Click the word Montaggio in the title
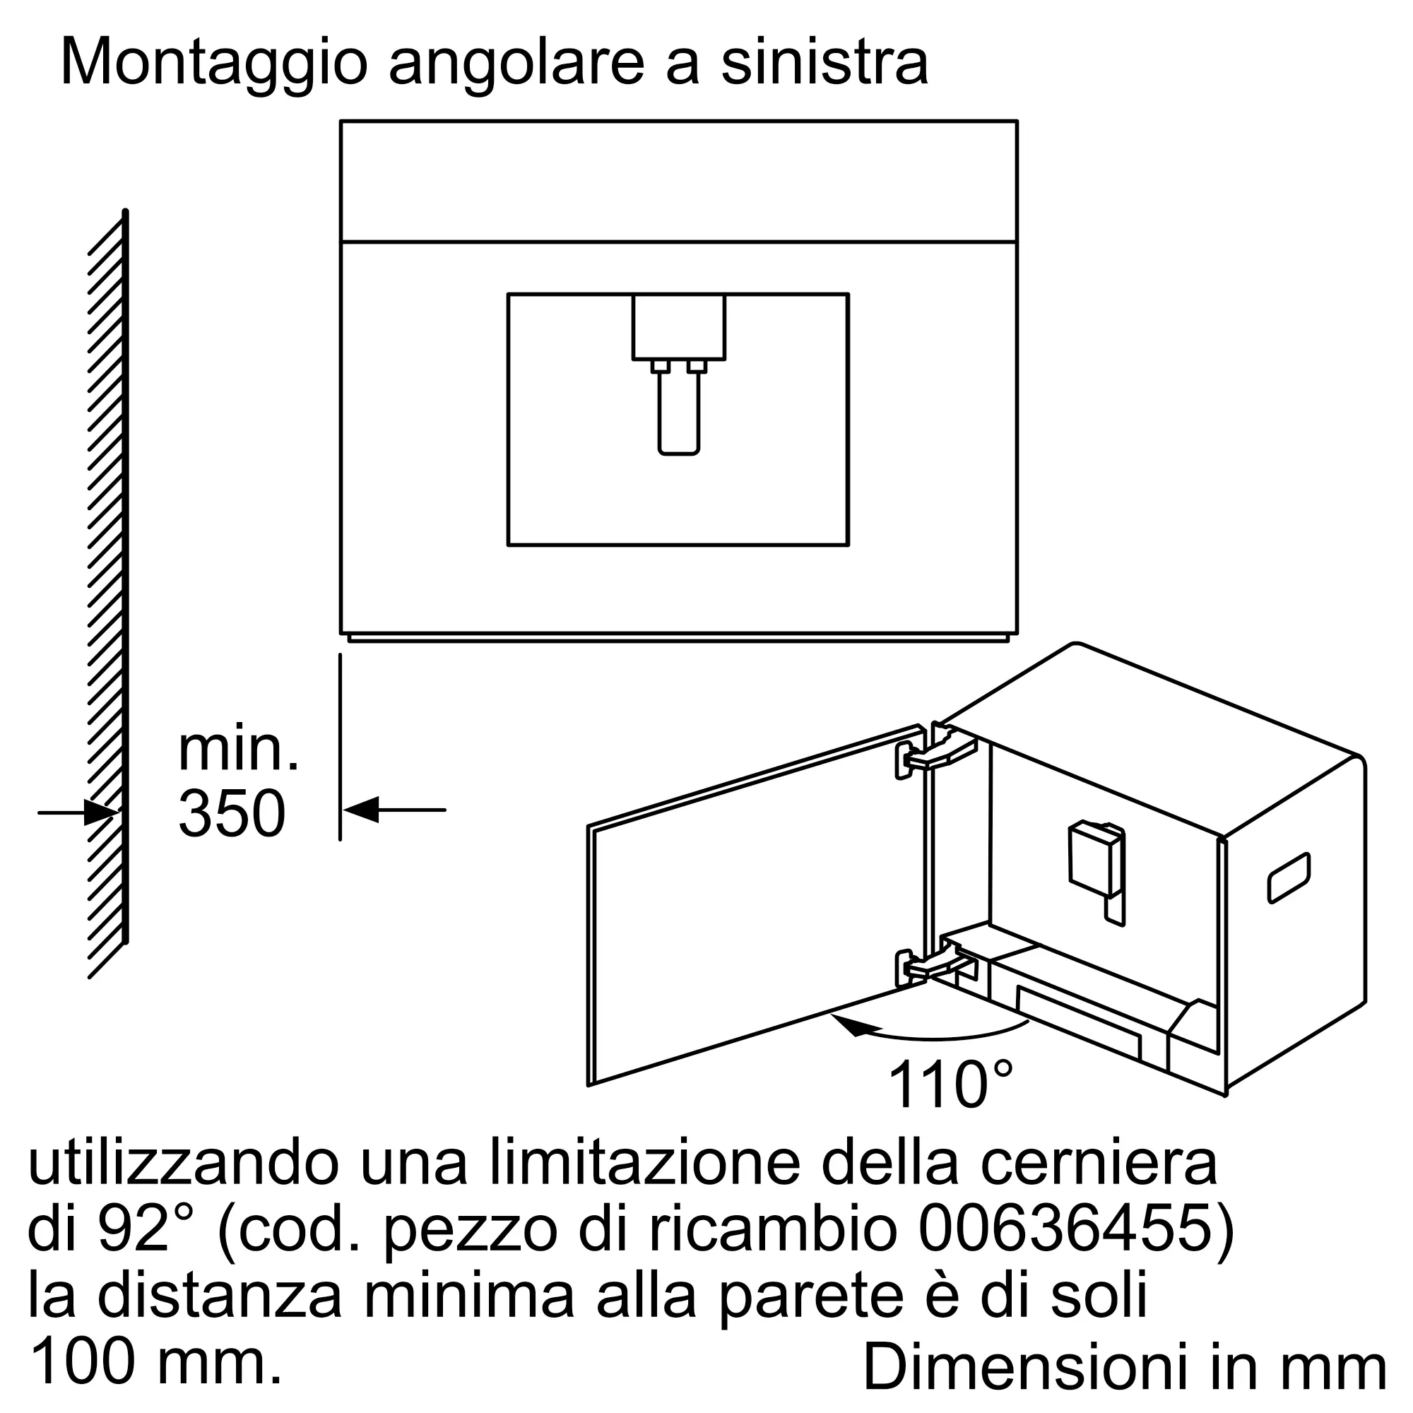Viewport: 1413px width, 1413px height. pos(213,64)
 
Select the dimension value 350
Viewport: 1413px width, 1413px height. pos(231,813)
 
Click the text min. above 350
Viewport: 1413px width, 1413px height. pos(238,749)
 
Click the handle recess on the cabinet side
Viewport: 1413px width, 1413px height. pos(1289,877)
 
